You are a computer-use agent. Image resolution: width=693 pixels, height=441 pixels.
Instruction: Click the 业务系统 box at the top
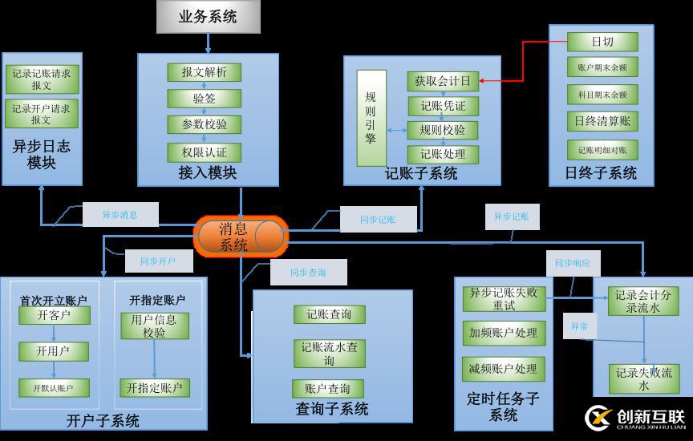tap(208, 17)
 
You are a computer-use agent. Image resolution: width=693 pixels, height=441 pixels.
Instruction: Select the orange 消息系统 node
tap(240, 237)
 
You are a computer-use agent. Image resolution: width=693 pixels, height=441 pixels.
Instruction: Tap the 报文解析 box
tap(204, 72)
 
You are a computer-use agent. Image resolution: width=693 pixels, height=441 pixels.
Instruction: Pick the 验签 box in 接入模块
tap(204, 99)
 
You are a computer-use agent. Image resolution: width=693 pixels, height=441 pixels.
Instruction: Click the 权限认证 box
tap(204, 152)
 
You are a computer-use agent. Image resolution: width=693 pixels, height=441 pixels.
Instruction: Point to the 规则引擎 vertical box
tap(371, 118)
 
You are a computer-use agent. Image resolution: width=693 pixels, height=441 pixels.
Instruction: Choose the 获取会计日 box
tap(442, 80)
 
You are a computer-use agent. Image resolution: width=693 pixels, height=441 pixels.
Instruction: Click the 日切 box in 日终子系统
tap(602, 42)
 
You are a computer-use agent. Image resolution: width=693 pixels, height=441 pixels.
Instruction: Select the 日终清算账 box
tap(602, 121)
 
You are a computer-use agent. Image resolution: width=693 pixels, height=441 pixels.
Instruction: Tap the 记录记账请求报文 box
tap(42, 79)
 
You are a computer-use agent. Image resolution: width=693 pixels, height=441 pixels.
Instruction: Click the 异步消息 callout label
tap(120, 215)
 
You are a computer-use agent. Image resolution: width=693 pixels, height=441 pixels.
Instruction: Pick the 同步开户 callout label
tap(158, 261)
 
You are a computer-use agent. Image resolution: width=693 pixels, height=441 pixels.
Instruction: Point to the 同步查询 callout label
tap(308, 273)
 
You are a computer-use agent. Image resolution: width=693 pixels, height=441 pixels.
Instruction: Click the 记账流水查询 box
tap(329, 354)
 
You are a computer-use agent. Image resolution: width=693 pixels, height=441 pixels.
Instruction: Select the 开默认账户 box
tap(54, 388)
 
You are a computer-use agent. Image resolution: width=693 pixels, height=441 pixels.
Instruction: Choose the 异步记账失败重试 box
tap(504, 298)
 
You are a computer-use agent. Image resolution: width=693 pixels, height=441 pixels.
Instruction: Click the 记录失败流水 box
tap(643, 378)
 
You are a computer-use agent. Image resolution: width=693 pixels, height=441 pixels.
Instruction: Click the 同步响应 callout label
tap(573, 263)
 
